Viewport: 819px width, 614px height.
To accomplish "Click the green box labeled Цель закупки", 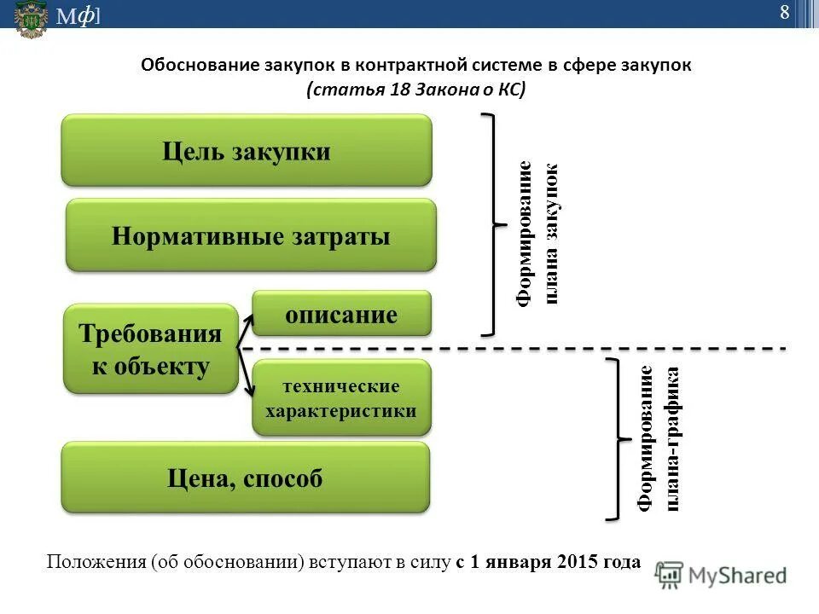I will coord(247,151).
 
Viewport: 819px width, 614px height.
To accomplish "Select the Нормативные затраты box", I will coord(251,235).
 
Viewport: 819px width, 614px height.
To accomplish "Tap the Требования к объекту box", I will coord(151,349).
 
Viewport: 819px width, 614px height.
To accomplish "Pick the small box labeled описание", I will coord(341,314).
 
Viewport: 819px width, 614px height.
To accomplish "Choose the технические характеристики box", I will coord(341,398).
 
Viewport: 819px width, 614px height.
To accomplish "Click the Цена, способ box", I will coord(245,478).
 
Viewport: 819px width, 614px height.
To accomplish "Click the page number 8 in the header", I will coord(784,12).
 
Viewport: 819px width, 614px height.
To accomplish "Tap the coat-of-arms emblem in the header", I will coord(31,19).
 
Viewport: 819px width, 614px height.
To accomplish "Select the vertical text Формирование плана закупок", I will coord(538,234).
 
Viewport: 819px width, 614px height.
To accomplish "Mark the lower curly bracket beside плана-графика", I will coord(614,439).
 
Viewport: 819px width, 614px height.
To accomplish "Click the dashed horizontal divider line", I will coord(512,349).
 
